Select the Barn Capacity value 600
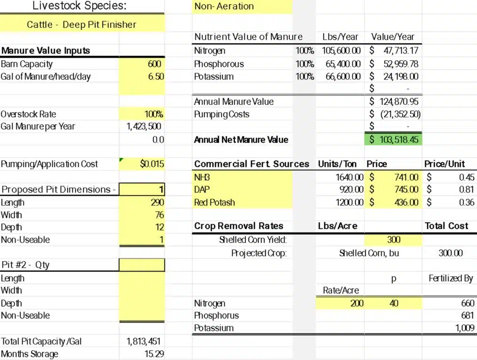(155, 64)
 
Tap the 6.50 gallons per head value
(156, 76)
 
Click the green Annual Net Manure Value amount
(394, 139)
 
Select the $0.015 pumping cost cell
(152, 164)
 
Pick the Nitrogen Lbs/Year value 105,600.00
(341, 51)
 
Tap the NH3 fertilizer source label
(202, 177)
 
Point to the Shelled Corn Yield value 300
(394, 240)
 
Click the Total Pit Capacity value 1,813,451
(143, 341)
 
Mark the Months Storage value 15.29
(154, 354)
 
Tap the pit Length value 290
(157, 203)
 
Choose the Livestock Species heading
(79, 6)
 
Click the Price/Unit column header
(444, 164)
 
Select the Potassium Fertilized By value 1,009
(464, 328)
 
